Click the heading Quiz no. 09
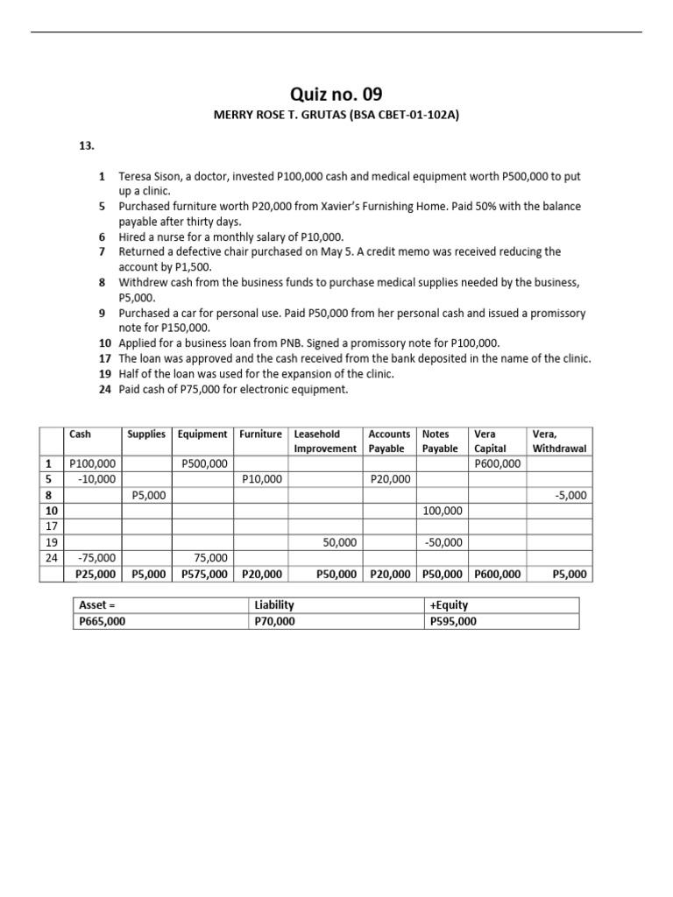click(x=336, y=95)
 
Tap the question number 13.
click(x=87, y=147)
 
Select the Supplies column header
click(x=146, y=434)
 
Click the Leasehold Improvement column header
click(x=325, y=441)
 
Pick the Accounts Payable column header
click(x=389, y=441)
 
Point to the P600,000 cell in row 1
click(x=497, y=463)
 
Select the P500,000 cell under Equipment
click(x=204, y=463)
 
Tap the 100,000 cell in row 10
click(x=443, y=511)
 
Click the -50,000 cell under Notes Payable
click(x=443, y=542)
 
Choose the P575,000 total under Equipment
click(x=204, y=575)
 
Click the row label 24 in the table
click(x=50, y=558)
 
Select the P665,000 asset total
click(x=104, y=621)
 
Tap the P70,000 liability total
click(x=275, y=621)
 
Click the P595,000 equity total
click(x=453, y=621)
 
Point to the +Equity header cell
click(x=449, y=605)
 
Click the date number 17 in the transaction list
click(x=104, y=358)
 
